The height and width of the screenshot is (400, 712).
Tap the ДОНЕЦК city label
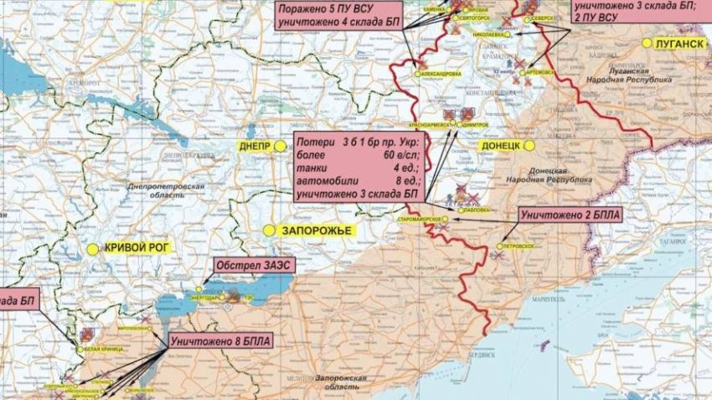click(502, 145)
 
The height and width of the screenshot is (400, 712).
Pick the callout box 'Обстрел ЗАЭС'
click(247, 266)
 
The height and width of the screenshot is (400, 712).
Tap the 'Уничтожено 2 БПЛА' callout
click(570, 216)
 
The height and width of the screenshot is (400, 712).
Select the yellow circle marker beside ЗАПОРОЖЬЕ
click(269, 229)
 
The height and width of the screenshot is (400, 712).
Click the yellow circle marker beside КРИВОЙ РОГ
click(93, 248)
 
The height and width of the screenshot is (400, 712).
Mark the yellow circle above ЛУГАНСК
click(647, 43)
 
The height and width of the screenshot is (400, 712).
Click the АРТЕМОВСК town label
click(540, 73)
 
